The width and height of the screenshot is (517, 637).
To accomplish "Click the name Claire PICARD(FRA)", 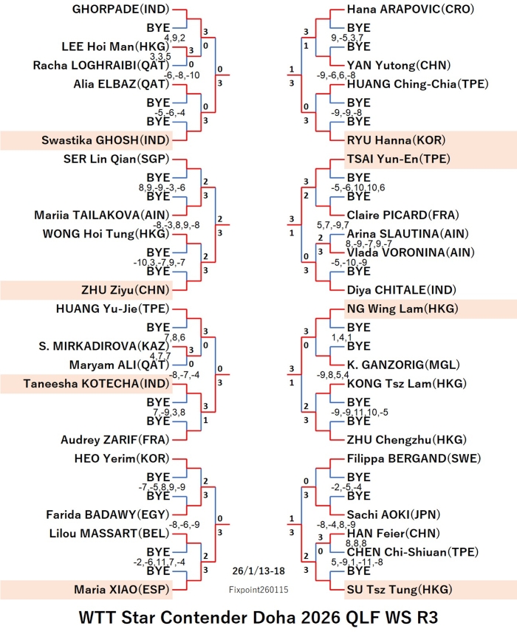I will pyautogui.click(x=402, y=216).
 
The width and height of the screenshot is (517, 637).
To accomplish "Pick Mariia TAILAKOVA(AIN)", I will pyautogui.click(x=103, y=216).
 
